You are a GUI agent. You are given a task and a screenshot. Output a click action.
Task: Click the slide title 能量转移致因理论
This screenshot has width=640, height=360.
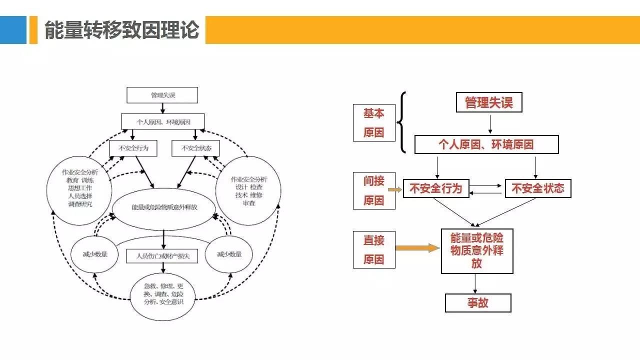(122, 30)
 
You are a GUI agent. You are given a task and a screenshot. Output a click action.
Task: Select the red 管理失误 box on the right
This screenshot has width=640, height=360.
(489, 103)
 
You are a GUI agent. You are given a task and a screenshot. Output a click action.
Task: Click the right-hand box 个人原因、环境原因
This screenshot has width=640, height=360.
(486, 144)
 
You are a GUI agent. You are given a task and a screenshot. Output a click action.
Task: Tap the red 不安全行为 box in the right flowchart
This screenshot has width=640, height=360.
(436, 188)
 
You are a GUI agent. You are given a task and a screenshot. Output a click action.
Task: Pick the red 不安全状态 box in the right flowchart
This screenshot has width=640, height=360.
(538, 188)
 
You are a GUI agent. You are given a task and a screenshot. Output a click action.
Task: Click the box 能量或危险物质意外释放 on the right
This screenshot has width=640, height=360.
(477, 251)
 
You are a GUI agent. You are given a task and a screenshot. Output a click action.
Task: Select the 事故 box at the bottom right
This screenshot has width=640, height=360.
(478, 303)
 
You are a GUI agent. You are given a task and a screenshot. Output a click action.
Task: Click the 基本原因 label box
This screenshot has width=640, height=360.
(374, 123)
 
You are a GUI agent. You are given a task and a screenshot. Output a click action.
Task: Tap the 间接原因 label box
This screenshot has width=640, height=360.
(374, 190)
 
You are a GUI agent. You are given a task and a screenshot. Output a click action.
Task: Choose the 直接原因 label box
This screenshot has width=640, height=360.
(374, 249)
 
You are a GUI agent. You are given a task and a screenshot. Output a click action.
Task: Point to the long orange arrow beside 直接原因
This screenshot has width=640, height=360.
(417, 247)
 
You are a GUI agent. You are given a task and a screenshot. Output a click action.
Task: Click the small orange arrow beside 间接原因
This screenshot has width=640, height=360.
(395, 189)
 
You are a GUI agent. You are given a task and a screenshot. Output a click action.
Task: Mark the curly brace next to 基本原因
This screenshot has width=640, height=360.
(401, 122)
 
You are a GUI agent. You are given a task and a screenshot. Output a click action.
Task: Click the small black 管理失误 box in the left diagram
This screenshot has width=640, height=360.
(162, 95)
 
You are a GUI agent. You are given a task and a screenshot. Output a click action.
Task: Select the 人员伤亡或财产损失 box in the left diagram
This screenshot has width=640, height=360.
(162, 256)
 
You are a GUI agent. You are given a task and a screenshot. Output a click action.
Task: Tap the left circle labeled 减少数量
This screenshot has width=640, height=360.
(94, 254)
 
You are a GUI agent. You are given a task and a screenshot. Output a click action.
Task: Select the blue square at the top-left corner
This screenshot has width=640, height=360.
(13, 30)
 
